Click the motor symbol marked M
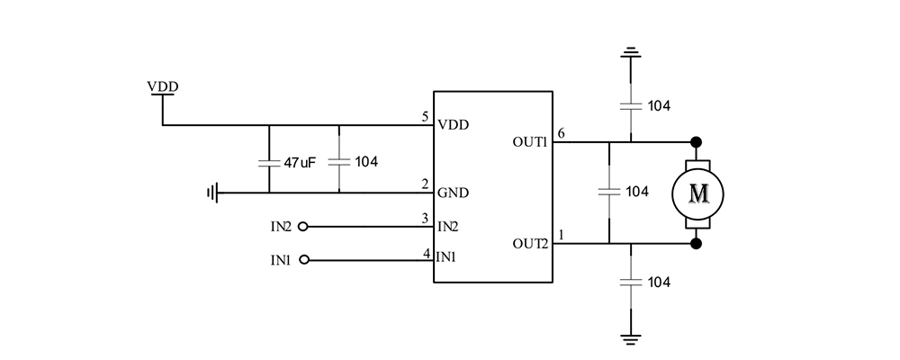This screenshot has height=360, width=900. click(697, 193)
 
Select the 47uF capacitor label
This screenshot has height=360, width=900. click(299, 163)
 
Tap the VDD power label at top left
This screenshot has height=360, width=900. click(163, 86)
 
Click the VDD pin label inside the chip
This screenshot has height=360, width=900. click(453, 124)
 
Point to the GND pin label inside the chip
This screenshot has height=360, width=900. click(453, 193)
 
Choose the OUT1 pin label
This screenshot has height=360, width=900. click(530, 142)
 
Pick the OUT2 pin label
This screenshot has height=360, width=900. click(530, 243)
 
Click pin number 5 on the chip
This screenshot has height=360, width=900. click(425, 117)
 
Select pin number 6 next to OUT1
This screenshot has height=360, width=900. click(561, 134)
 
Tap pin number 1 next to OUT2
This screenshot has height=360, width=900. click(561, 236)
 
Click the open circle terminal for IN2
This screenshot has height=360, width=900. click(303, 226)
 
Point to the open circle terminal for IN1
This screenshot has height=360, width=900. click(303, 260)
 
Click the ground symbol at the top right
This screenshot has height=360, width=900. click(631, 53)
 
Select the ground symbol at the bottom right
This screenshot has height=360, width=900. click(631, 337)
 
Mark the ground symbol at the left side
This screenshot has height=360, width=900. click(212, 192)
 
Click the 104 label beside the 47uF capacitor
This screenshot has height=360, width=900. click(366, 163)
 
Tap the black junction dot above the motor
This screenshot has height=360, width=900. click(696, 142)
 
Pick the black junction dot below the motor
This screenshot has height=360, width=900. click(696, 243)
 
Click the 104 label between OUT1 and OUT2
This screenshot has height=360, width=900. click(637, 192)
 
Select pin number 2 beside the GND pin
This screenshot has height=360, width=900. click(425, 184)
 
